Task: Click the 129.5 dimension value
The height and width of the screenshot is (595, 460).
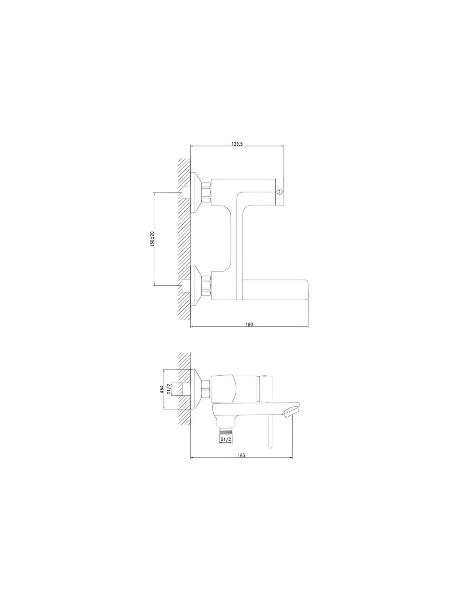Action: (237, 144)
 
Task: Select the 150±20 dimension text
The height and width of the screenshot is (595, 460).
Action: (152, 239)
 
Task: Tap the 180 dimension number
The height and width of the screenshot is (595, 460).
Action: (249, 324)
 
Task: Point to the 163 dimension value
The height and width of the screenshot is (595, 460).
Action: (241, 455)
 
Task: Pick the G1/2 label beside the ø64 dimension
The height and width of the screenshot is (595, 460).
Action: (169, 389)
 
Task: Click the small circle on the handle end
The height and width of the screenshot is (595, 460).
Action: (279, 191)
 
